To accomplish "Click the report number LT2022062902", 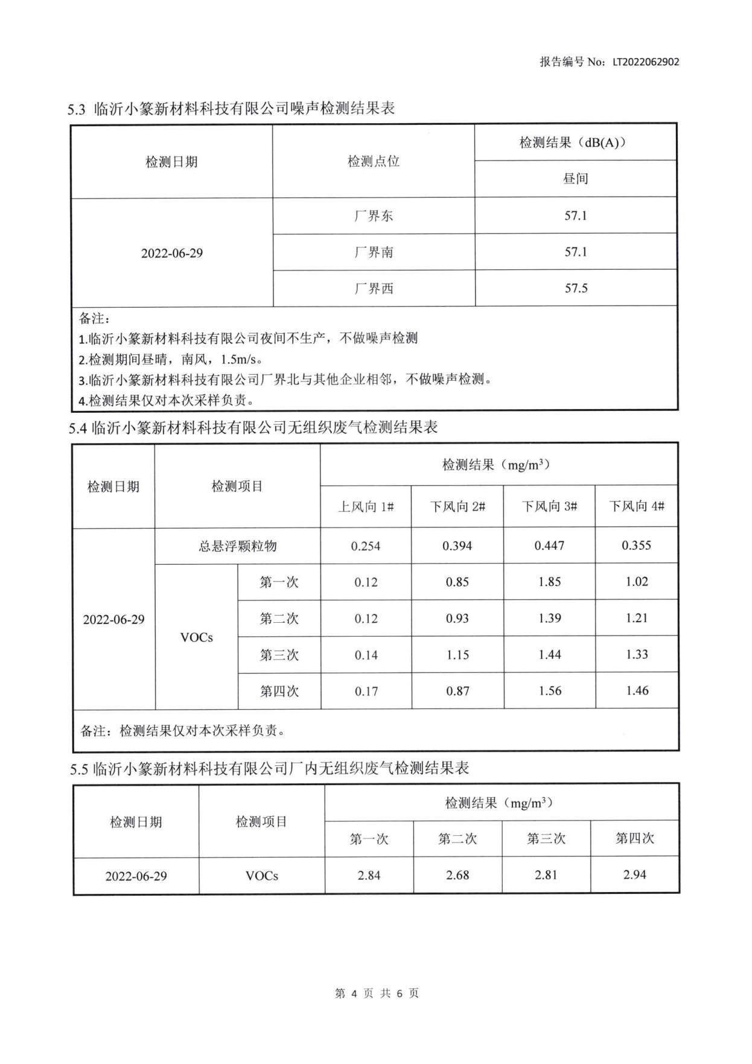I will click(645, 62).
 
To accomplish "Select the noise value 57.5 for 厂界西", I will click(576, 288).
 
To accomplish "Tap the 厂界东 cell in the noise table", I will click(374, 216).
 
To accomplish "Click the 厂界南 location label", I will click(374, 252).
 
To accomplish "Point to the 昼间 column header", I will click(575, 179).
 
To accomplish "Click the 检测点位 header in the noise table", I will click(374, 161).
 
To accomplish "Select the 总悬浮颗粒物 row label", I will click(238, 546).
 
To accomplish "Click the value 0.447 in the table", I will click(549, 546).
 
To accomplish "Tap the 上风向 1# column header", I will click(366, 506).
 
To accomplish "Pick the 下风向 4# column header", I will click(637, 506).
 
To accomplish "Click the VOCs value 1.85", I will click(549, 582).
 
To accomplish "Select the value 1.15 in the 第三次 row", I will click(457, 655).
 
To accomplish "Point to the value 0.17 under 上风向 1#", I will click(366, 691).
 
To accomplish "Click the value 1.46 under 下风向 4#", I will click(637, 690).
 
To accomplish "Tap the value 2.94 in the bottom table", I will click(634, 874).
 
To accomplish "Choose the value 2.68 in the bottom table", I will click(457, 875).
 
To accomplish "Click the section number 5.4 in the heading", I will click(78, 428).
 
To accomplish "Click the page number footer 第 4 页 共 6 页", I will click(377, 993).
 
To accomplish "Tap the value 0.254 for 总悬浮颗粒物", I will click(366, 546).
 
